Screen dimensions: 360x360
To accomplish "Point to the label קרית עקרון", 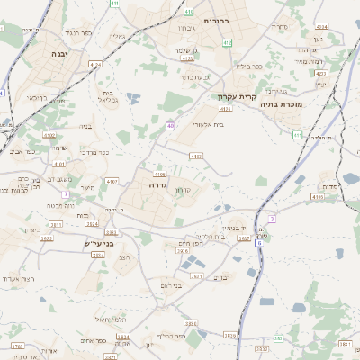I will tap(237, 96).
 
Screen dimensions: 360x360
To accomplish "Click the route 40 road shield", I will tap(170, 125).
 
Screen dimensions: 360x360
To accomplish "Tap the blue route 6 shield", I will tap(259, 243).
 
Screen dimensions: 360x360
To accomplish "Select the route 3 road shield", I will tap(272, 218).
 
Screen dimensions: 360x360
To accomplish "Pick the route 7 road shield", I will tap(64, 194).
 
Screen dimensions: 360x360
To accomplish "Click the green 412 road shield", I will tap(227, 42).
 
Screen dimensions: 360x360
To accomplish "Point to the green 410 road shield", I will tap(188, 12).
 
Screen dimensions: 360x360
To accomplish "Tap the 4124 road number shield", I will tap(95, 65).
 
